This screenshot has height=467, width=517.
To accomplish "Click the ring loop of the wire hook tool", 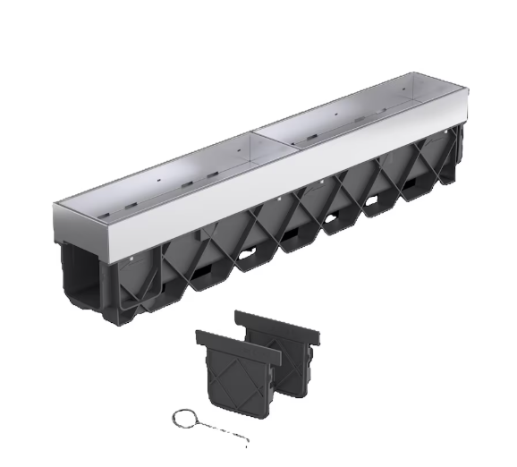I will [182, 418].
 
